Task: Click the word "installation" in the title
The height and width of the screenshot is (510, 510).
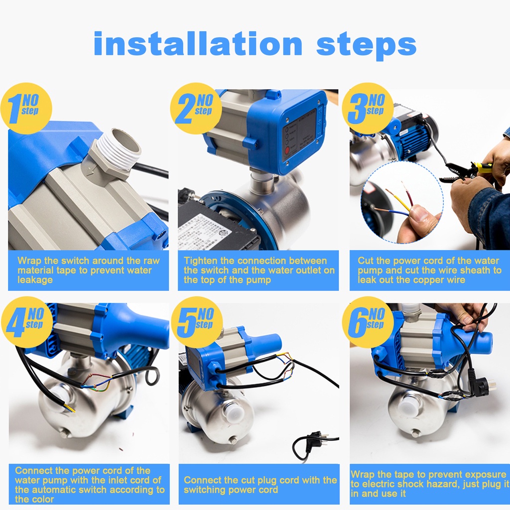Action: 198,44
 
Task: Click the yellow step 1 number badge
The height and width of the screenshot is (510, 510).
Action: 26,108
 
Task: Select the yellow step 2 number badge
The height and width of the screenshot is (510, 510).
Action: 196,108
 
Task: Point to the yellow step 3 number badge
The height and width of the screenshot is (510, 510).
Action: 368,108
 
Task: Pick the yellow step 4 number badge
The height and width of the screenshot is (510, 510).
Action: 27,322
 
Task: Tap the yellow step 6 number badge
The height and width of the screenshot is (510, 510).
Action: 368,322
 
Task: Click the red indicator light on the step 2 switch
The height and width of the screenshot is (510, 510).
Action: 287,150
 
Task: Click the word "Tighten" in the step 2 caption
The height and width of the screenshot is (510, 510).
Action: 200,261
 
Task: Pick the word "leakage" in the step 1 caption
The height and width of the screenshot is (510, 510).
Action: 35,280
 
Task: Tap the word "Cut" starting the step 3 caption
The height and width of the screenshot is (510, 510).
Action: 365,261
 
